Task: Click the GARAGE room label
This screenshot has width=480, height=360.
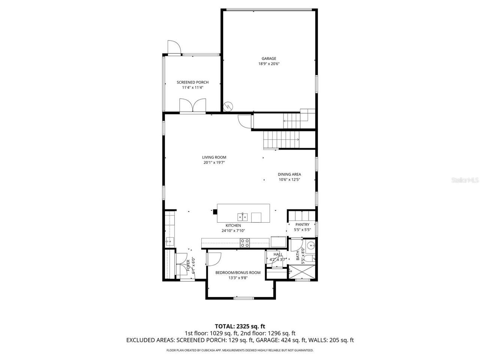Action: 269,58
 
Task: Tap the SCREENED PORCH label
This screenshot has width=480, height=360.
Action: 192,82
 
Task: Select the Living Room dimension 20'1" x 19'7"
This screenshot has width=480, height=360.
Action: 214,163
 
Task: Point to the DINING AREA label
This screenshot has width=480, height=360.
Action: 289,174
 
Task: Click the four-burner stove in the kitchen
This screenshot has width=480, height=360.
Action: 245,243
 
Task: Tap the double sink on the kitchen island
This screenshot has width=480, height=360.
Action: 242,216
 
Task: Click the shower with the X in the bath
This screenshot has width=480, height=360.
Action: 302,272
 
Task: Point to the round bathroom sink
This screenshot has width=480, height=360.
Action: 311,246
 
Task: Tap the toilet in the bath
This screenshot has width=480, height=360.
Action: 309,258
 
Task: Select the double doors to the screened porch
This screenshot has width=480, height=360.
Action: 192,105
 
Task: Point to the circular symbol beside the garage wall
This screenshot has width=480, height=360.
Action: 228,106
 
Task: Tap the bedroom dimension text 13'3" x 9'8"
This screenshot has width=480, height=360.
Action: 238,278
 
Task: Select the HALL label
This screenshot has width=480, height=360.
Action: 278,254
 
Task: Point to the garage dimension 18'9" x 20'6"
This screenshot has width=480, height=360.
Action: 269,64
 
